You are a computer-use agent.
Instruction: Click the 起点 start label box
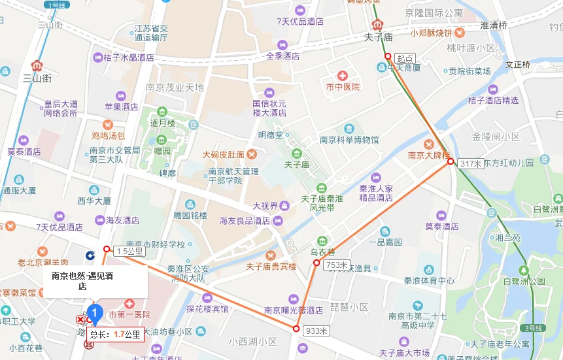coord(405,58)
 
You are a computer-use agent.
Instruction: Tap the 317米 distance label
coord(470,163)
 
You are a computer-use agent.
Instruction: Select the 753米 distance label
coord(335,264)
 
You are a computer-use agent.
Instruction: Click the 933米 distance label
coord(316,331)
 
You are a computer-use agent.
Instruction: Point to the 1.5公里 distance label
coord(129,251)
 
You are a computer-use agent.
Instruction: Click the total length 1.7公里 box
coord(115,335)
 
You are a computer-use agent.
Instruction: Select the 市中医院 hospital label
coord(343,86)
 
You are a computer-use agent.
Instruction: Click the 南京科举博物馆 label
coord(349,139)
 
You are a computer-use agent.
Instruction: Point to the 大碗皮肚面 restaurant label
coord(224,155)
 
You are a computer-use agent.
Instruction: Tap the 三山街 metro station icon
coord(37,65)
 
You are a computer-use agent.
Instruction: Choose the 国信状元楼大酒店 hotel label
coord(269,108)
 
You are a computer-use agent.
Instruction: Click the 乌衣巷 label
coord(322,252)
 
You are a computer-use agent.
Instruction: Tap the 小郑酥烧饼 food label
coord(432,32)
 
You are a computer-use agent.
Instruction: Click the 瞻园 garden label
coord(162,151)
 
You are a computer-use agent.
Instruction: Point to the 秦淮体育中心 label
coord(429,281)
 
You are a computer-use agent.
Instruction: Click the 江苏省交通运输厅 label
coord(151,33)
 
